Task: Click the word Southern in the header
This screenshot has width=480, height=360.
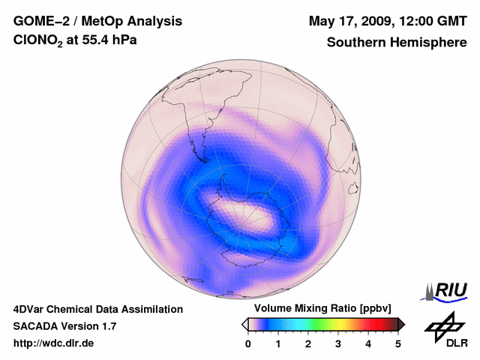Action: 355,43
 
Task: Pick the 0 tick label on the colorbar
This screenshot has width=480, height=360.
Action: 248,343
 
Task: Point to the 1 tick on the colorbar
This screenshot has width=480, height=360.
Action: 278,343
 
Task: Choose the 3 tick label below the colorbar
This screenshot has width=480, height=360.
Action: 338,343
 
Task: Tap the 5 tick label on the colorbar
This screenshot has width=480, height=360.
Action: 398,343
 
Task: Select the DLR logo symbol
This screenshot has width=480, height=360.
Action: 443,324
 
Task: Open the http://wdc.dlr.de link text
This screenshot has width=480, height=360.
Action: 54,343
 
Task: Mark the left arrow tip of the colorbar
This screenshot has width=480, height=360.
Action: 244,324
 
